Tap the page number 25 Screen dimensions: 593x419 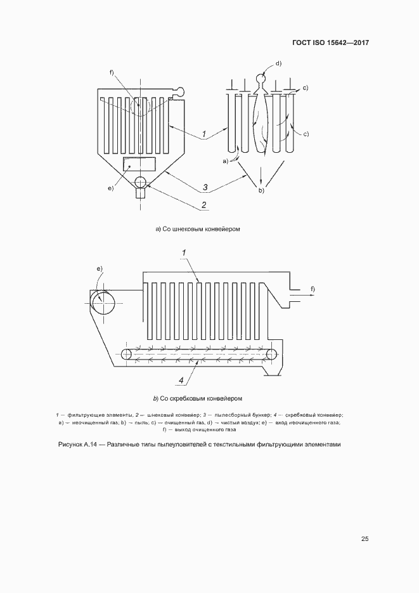point(364,539)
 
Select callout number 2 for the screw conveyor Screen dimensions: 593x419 point(204,204)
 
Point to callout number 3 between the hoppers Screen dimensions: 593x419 point(205,187)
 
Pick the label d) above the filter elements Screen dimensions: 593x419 point(278,63)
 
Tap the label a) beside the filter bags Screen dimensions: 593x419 point(225,161)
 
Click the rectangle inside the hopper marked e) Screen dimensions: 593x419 point(139,164)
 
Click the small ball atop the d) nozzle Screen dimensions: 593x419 point(260,78)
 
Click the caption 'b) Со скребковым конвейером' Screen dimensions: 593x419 point(198,398)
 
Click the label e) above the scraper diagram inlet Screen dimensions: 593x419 point(100,269)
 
